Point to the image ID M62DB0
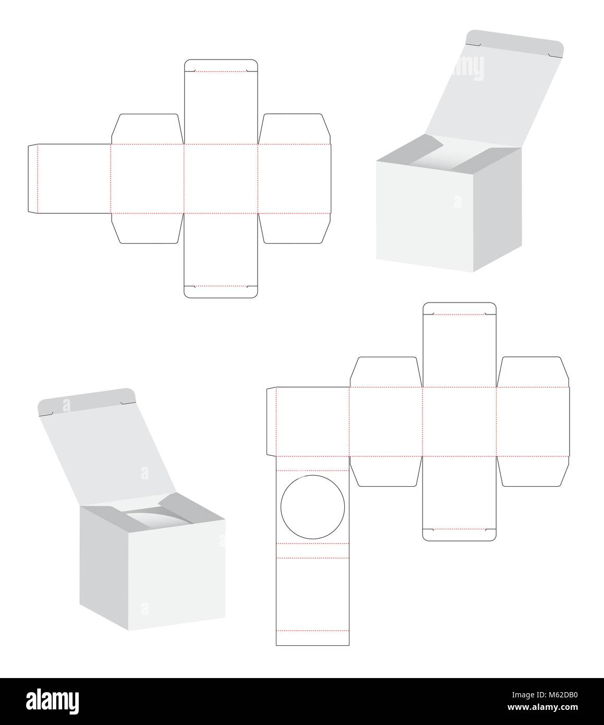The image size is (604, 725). (x=546, y=695)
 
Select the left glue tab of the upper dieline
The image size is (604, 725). (x=33, y=178)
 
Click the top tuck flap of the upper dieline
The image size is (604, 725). (x=221, y=65)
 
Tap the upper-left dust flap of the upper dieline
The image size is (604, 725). (x=147, y=128)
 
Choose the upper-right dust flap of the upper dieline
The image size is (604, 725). (x=295, y=128)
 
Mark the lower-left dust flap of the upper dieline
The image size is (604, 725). (x=147, y=228)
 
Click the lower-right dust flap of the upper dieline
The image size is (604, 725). (x=295, y=228)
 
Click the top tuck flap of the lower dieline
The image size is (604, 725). (x=459, y=308)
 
